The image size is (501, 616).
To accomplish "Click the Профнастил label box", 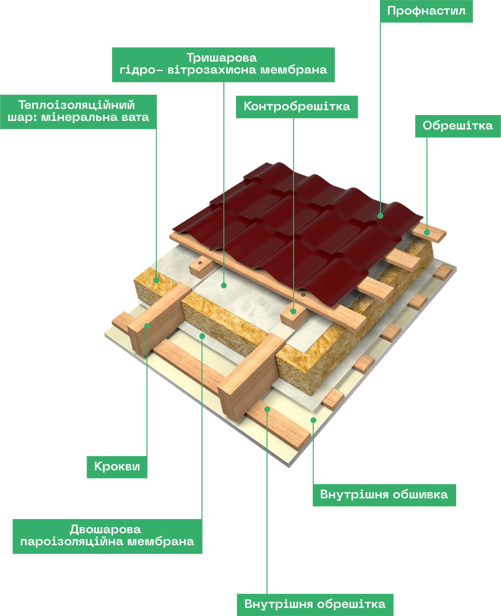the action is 426,11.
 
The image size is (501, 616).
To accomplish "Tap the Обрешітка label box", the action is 457,126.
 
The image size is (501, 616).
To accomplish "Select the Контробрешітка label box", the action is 296,107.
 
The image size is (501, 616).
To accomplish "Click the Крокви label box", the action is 117,467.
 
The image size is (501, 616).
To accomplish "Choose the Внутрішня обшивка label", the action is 384,495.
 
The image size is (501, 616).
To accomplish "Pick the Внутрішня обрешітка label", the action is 315,604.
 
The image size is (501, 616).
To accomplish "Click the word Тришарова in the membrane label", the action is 221,58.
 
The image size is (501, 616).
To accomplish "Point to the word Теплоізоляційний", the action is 76,105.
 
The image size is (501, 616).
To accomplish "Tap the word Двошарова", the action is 105,530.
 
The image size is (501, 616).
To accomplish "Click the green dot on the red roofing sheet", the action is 380,216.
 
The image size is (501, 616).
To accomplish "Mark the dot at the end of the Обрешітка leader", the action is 427,232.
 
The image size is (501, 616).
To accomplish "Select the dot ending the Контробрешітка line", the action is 293,312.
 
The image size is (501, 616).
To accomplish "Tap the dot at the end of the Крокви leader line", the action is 147,326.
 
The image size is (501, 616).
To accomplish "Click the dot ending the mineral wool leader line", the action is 156,280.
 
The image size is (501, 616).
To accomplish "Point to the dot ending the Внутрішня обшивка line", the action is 313,420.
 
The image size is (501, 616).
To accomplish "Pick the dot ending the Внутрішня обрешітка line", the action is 267,409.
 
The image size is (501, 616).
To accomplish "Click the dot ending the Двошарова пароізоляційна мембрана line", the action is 202,336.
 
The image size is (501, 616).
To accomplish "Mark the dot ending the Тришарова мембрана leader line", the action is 224,285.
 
